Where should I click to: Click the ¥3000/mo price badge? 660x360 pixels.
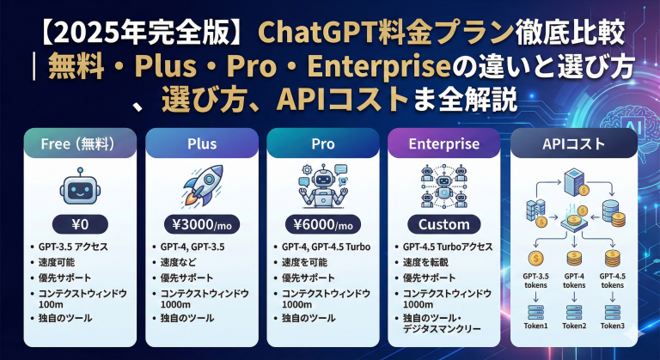click(200, 225)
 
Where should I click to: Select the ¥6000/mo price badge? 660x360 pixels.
click(322, 225)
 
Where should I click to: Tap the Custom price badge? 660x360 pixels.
click(443, 225)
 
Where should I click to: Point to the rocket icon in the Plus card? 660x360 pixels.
click(200, 186)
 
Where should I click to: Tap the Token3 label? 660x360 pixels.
click(613, 326)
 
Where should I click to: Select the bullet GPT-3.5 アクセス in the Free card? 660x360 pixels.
click(82, 247)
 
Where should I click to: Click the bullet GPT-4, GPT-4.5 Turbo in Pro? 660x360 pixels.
click(327, 247)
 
